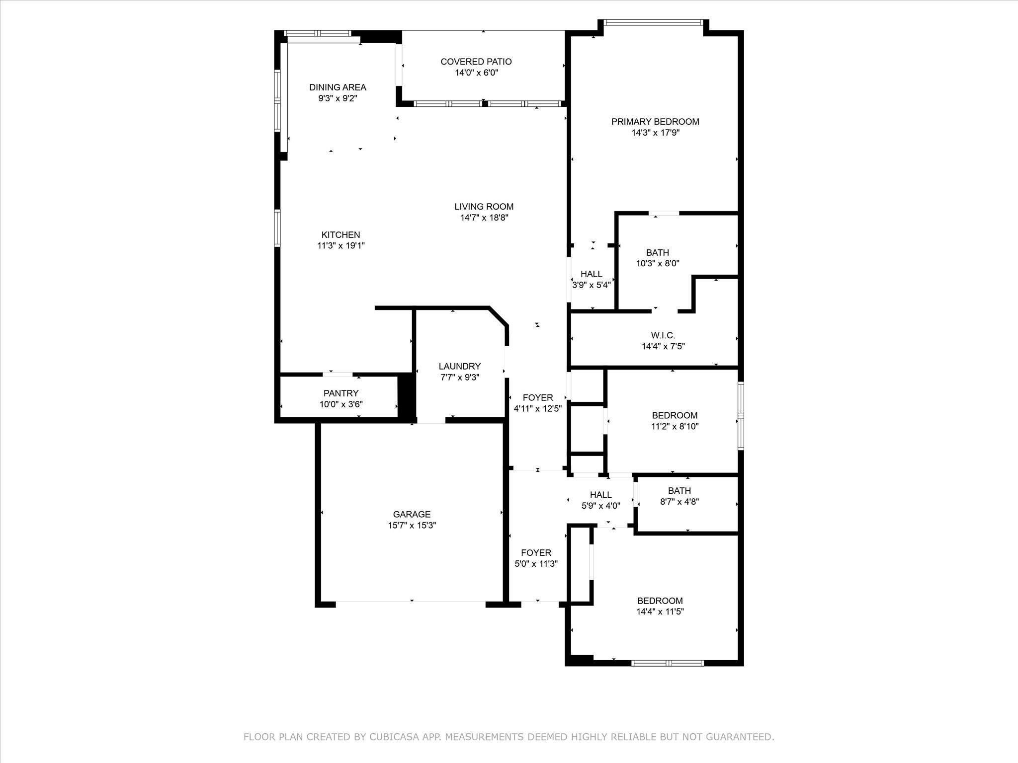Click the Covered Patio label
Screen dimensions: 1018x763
[476, 62]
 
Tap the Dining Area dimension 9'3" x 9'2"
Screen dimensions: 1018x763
[338, 98]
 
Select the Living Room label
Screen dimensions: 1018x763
[484, 207]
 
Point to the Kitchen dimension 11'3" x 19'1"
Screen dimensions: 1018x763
[341, 245]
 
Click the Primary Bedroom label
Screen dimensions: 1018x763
[655, 122]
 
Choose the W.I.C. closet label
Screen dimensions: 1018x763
[663, 336]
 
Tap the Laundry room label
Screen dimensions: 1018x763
[460, 367]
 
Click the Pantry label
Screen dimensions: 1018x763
[341, 393]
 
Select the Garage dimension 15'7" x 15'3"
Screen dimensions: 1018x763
[412, 525]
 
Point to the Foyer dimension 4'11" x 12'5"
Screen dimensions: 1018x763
[538, 409]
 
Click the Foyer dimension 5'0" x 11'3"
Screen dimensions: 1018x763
[536, 564]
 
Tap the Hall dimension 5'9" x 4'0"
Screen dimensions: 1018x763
[601, 506]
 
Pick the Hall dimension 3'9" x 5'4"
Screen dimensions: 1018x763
[592, 285]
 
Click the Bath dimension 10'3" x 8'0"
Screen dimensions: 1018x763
[658, 264]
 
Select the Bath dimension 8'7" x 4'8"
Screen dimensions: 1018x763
[679, 502]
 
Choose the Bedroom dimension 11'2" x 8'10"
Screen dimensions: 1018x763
[675, 426]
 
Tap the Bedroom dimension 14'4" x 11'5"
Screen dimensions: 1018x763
[660, 611]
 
